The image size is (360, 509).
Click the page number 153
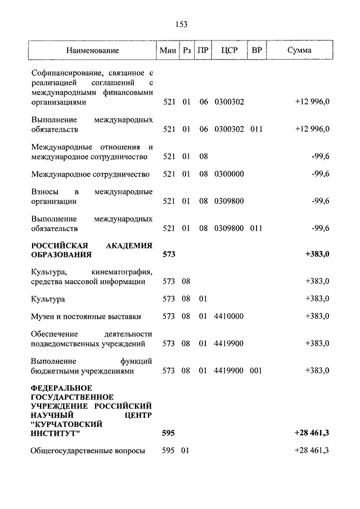[x=181, y=24]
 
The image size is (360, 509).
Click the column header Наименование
[x=92, y=51]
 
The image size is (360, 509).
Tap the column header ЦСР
[x=229, y=51]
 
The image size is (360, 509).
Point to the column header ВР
[x=256, y=51]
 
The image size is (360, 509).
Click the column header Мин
[x=168, y=51]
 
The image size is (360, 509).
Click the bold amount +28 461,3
[x=311, y=433]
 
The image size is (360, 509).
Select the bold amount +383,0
[x=317, y=254]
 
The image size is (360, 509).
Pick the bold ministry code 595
[x=169, y=433]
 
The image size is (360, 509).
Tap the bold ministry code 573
[x=169, y=254]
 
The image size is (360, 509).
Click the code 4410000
[x=229, y=316]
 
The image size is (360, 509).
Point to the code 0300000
[x=229, y=174]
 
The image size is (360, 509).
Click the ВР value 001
[x=256, y=371]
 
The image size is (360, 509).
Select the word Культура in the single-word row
[x=48, y=299]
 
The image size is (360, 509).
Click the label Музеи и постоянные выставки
[x=86, y=316]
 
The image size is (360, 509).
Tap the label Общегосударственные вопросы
[x=88, y=450]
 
